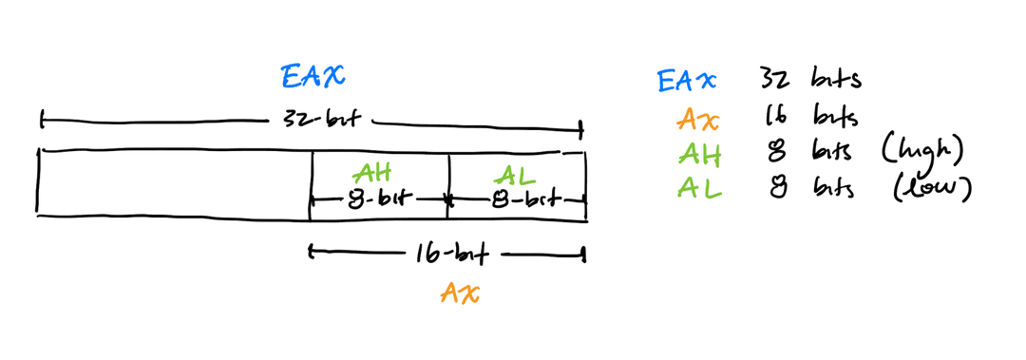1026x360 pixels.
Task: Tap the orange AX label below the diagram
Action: tap(460, 294)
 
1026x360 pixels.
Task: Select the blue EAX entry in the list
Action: tap(687, 82)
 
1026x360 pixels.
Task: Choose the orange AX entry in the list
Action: tap(699, 120)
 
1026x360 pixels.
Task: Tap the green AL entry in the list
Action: tap(699, 188)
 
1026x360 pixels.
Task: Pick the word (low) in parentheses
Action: tap(932, 188)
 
